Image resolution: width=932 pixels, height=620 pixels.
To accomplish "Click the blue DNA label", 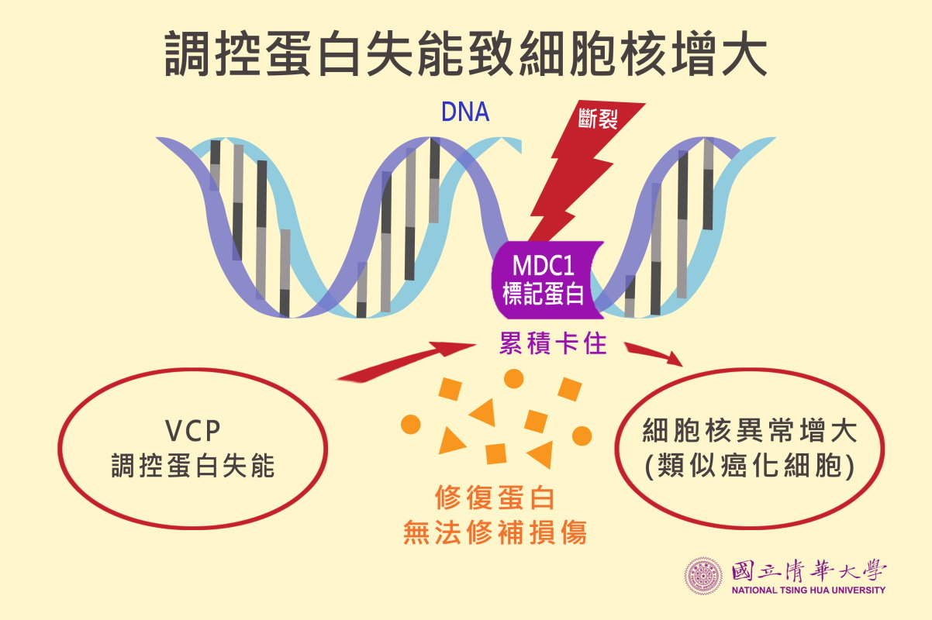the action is (464, 112).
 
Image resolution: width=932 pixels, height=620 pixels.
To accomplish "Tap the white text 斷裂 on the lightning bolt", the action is (598, 119).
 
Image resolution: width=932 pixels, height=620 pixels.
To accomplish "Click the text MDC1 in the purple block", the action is (544, 265).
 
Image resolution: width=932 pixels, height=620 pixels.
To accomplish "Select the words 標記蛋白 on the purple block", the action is (543, 293).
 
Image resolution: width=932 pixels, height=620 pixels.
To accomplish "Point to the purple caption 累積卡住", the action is (553, 343).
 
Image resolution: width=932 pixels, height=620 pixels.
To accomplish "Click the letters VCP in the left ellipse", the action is (192, 431).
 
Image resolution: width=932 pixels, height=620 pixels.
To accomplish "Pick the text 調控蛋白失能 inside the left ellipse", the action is (192, 466).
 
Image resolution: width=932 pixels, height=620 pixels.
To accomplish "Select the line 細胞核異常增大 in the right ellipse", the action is (749, 430).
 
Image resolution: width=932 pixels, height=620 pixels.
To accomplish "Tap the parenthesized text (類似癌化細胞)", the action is (749, 466).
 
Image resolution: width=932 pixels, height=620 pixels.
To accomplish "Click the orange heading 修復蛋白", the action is (495, 498).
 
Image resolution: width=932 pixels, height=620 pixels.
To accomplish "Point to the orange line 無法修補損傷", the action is (495, 532).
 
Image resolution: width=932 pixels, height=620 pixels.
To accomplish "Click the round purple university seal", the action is (703, 576).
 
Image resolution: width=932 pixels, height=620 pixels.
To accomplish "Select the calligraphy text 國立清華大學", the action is (809, 570).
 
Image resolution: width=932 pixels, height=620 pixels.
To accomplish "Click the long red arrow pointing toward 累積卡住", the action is (406, 361).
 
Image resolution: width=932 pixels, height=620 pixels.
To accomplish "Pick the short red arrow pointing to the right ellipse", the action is (653, 353).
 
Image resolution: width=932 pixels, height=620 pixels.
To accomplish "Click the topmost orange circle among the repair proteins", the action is (513, 379).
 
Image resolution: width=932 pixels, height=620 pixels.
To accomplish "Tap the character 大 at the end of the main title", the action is (744, 53).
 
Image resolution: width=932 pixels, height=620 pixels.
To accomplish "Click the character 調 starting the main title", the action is (187, 53).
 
